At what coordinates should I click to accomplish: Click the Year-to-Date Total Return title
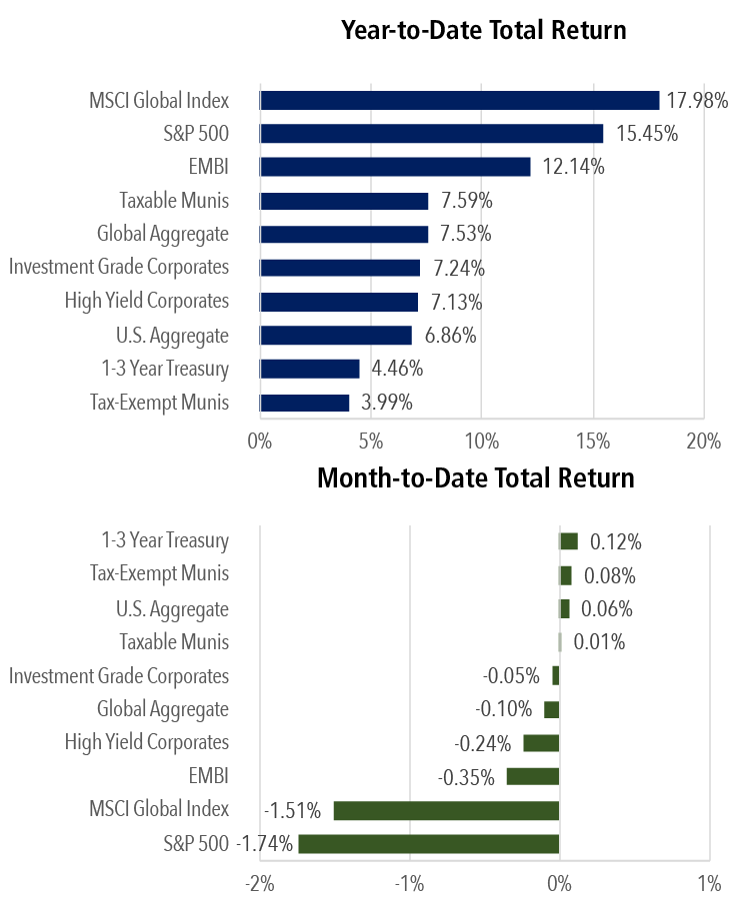tap(483, 30)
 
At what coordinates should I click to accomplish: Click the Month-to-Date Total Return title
tap(475, 477)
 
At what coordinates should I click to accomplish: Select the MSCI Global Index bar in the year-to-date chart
tap(459, 100)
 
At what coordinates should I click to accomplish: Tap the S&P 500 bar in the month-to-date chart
tap(428, 844)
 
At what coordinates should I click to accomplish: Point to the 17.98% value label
tap(698, 100)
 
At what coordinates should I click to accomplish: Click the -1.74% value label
tap(265, 844)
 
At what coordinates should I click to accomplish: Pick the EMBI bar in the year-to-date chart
tap(395, 167)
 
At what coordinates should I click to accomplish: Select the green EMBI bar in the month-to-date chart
tap(533, 776)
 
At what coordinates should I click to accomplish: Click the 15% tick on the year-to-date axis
tap(593, 442)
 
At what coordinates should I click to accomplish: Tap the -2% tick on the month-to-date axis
tap(260, 884)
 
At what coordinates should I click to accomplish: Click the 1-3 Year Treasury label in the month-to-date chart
tap(165, 540)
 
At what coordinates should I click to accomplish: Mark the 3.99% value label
tap(387, 403)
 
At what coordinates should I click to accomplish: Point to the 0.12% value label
tap(615, 541)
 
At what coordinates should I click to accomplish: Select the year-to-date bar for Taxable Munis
tap(344, 201)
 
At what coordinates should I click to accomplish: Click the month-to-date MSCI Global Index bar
tap(446, 810)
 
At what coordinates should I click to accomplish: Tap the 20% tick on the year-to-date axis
tap(703, 442)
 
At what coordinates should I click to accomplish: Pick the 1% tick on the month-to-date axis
tap(708, 884)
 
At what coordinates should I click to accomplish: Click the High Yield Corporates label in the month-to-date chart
tap(147, 742)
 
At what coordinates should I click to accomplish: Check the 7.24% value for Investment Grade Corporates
tap(459, 268)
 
